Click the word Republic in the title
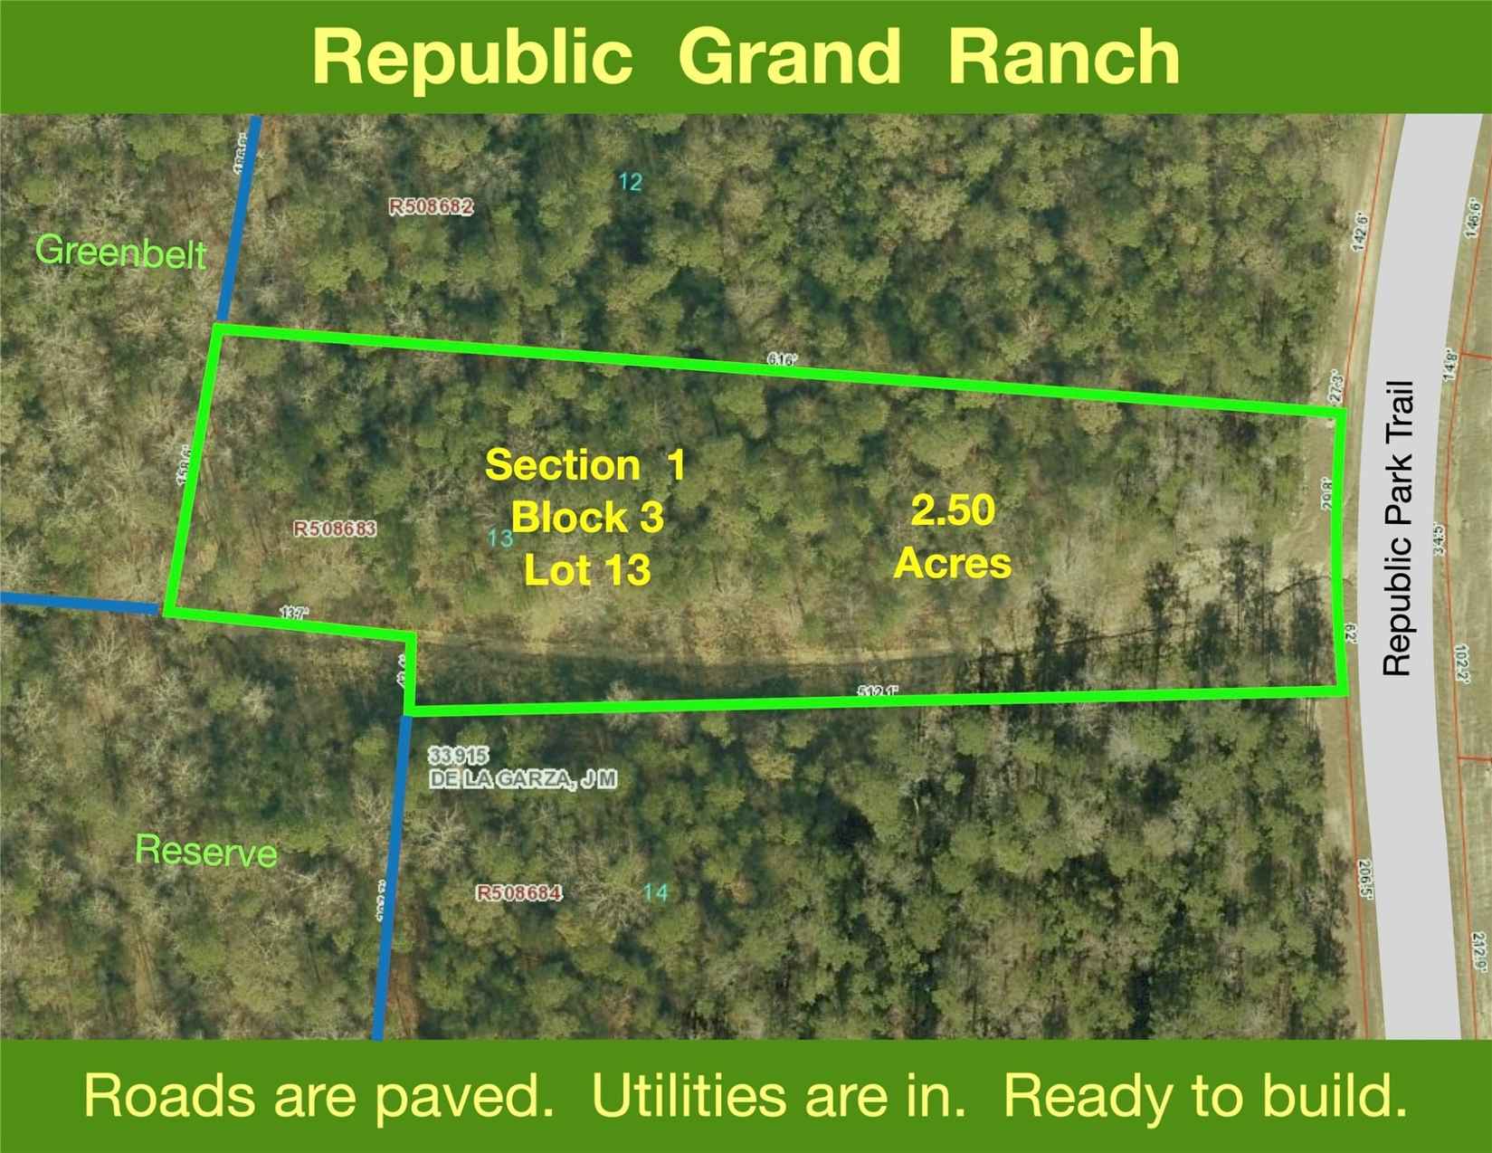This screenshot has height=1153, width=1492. point(472,57)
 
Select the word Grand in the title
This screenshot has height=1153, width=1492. point(789,57)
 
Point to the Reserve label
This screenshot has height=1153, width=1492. point(205,851)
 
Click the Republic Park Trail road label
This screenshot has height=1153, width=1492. point(1398,528)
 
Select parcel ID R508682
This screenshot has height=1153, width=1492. point(431,207)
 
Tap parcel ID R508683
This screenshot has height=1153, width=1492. point(335,528)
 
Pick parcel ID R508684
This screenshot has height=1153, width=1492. point(519,893)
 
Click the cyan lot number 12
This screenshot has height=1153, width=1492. point(631,183)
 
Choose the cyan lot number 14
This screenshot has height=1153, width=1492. point(656,893)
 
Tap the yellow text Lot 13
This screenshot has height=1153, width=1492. point(587,570)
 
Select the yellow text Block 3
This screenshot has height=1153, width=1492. point(587,518)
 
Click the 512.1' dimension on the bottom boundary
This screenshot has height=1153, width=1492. point(878,691)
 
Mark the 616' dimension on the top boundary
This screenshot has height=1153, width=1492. point(781,359)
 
